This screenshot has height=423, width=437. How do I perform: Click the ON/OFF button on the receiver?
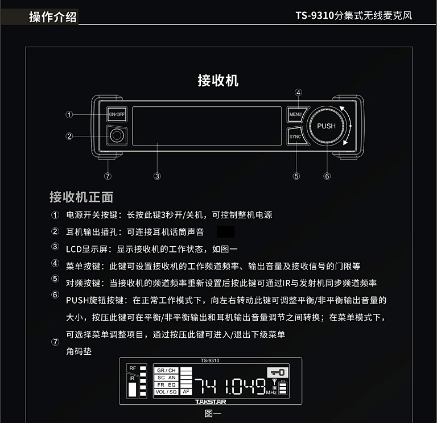click(x=117, y=114)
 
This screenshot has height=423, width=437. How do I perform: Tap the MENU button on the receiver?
click(x=296, y=114)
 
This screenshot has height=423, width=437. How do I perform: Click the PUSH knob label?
click(x=327, y=126)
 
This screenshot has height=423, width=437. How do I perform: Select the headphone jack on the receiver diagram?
click(x=117, y=135)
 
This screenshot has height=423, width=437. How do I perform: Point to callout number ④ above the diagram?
click(x=298, y=93)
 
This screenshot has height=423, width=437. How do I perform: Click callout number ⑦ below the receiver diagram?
click(x=108, y=176)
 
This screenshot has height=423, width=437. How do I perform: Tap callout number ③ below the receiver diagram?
click(x=157, y=176)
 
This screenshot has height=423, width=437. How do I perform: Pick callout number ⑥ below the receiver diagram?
click(x=327, y=176)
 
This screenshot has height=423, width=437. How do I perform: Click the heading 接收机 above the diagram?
click(x=218, y=81)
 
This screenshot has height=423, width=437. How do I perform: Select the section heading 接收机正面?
click(x=81, y=197)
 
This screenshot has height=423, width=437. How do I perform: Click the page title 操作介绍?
click(x=53, y=16)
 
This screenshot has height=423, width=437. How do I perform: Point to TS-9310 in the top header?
click(x=315, y=15)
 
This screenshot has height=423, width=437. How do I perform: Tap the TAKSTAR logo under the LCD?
click(x=211, y=401)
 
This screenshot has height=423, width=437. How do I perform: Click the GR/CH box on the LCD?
click(x=166, y=370)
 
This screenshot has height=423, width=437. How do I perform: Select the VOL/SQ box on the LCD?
click(x=166, y=392)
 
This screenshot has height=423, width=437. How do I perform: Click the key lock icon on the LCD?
click(x=278, y=372)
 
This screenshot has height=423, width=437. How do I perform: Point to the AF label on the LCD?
click(x=186, y=392)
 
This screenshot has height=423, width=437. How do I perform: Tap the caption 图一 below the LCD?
click(x=213, y=413)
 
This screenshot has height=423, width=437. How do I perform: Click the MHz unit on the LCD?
click(x=271, y=392)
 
